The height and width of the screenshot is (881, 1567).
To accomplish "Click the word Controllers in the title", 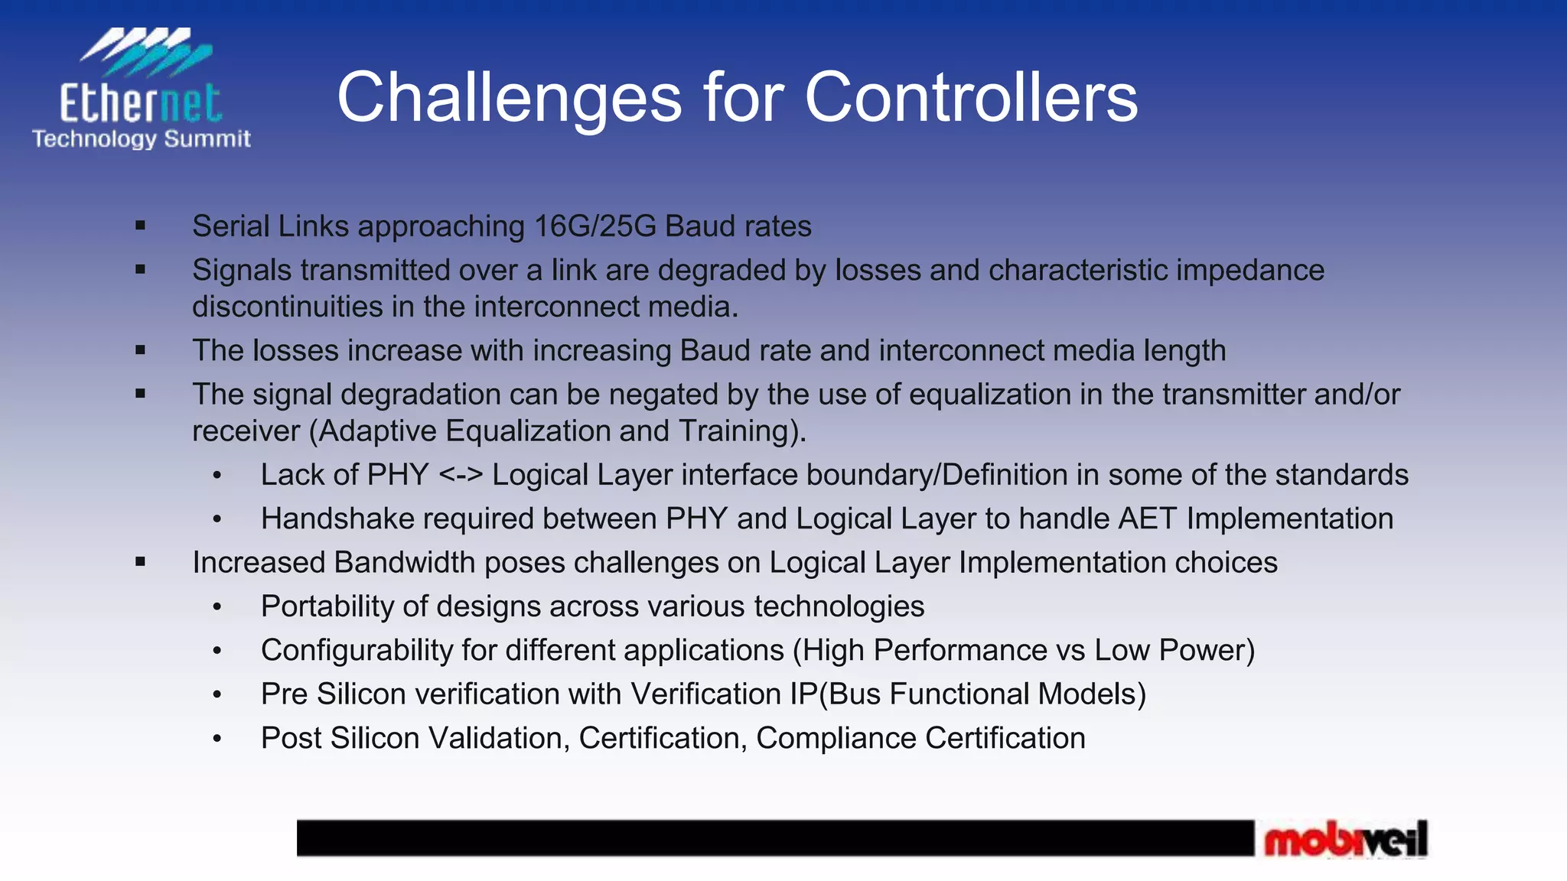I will pos(970,98).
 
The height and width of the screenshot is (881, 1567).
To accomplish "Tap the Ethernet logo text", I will pos(141,103).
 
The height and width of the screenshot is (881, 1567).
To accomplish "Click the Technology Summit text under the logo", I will pos(141,139).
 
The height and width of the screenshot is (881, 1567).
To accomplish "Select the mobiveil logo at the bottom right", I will pos(1345,840).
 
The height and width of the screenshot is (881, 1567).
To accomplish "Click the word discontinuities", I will pos(288,307).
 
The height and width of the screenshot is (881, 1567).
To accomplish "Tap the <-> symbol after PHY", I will pos(461,475).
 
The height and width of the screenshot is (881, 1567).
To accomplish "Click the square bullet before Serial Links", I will pos(140,226).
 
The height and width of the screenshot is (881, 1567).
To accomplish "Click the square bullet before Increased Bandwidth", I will pos(140,562).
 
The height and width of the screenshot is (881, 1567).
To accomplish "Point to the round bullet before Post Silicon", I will pos(217,739).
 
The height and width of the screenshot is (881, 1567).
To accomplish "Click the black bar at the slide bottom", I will pos(774,838).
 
